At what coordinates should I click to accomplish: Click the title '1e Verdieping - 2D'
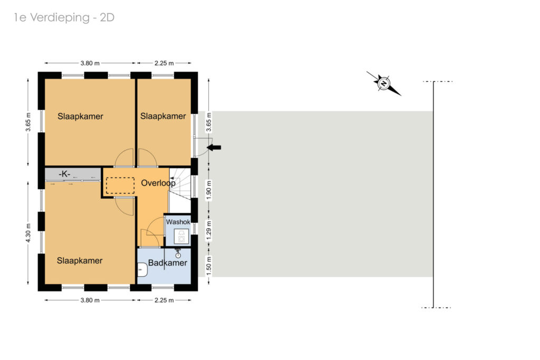(x=64, y=17)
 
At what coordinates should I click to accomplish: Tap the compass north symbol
(x=384, y=83)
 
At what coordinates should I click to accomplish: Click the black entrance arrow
(x=214, y=148)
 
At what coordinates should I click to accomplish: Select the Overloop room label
(x=158, y=183)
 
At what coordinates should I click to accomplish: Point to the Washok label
(x=178, y=222)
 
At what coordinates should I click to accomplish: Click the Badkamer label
(x=167, y=263)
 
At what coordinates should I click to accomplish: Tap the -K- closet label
(x=64, y=174)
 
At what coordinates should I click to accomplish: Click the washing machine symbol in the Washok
(x=181, y=237)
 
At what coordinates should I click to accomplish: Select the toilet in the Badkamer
(x=142, y=269)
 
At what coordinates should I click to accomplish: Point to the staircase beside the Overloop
(x=180, y=190)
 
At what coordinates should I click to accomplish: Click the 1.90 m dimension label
(x=209, y=190)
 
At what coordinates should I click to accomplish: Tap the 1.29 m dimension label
(x=209, y=230)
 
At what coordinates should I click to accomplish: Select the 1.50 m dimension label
(x=209, y=266)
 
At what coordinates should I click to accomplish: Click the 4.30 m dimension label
(x=28, y=233)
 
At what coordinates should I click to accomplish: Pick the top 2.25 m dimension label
(x=164, y=63)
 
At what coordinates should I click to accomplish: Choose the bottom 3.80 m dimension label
(x=90, y=300)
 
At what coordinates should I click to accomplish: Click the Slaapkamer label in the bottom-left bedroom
(x=80, y=261)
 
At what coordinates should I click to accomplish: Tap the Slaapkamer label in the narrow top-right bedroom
(x=163, y=116)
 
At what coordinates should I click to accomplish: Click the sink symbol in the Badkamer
(x=178, y=254)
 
